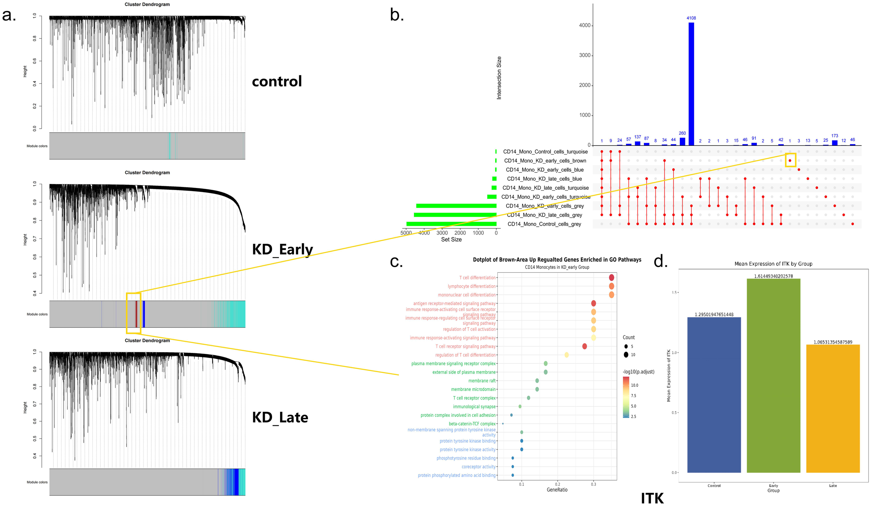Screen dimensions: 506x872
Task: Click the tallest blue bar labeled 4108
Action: [x=691, y=84]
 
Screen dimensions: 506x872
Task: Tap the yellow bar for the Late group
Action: [x=833, y=408]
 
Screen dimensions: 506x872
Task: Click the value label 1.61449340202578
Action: [x=773, y=276]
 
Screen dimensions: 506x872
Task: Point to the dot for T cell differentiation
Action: [x=611, y=278]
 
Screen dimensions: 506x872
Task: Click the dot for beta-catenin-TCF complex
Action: [x=503, y=424]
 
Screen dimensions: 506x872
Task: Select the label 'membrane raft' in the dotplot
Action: [x=482, y=381]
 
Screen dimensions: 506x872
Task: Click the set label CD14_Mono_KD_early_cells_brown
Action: [x=545, y=161]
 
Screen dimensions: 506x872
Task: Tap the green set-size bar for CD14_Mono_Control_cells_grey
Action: [x=451, y=224]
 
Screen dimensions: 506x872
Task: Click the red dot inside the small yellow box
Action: [x=790, y=160]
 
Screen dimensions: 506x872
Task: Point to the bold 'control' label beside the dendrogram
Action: [x=277, y=81]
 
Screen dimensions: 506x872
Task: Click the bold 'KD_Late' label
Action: [x=280, y=417]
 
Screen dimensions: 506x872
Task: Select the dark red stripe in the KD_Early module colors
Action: [x=136, y=314]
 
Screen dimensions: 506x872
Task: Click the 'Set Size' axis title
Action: [x=451, y=240]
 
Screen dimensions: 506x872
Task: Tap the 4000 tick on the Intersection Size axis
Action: [x=585, y=25]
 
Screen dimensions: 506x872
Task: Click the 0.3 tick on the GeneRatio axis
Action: [x=593, y=484]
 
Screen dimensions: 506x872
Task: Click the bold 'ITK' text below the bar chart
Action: [x=652, y=498]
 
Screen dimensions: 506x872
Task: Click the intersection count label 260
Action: [x=682, y=133]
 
